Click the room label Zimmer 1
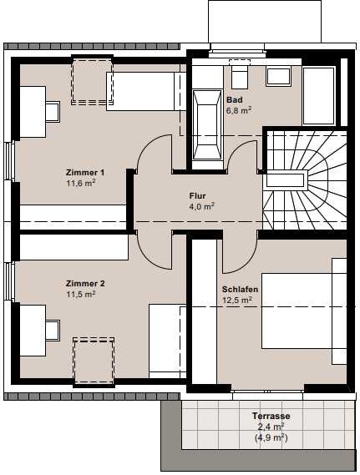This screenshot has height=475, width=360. coord(85,173)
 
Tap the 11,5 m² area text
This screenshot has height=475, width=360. coord(81,295)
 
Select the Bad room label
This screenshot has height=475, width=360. coord(235,99)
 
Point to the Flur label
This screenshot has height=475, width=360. coord(198,196)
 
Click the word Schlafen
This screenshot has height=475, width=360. coord(240,290)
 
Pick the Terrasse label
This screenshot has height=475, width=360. coord(271,416)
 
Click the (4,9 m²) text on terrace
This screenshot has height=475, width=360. coord(271,437)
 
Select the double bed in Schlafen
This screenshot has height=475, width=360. coord(304,311)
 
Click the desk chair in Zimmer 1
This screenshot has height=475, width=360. coord(53,112)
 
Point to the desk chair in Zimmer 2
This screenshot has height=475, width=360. coord(53,331)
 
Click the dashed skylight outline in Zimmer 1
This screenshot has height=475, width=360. coord(92,82)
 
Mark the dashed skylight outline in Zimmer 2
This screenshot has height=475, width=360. coord(94,361)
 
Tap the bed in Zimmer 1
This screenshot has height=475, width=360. coord(146,91)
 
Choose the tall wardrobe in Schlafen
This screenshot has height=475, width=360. coord(205,311)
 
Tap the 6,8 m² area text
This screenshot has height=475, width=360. coord(239,110)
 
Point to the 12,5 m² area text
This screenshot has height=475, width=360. coord(237,301)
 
